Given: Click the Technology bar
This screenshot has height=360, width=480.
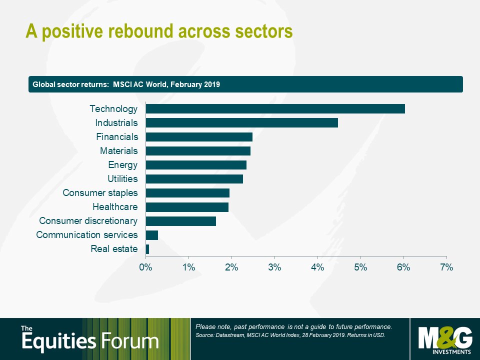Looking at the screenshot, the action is coord(275,108).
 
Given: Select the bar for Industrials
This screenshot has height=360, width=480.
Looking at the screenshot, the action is coord(242,123).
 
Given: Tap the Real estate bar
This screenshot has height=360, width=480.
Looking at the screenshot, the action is coord(147,249).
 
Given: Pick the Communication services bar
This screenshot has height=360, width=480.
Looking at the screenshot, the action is coord(152,235).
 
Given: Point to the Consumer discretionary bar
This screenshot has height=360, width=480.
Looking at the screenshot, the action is coord(181,221).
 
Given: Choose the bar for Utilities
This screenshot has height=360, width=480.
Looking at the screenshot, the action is coord(194,179).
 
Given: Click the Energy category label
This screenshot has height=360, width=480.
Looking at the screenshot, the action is coord(123,165).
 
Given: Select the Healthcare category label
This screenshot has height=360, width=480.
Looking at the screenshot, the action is coord(115,207).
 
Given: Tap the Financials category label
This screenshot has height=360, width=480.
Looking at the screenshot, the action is coord(117,137).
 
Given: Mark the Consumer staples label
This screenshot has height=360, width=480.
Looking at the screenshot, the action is coord(100,193).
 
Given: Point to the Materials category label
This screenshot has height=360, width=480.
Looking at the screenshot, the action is coord(119,151).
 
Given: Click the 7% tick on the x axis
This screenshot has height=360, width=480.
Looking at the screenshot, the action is coord(446,267).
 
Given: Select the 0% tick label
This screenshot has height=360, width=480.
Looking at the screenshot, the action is coord(145,267).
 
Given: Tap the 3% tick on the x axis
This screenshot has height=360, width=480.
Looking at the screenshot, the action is coord(274,267).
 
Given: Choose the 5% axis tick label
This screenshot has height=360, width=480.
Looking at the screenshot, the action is coord(360,267).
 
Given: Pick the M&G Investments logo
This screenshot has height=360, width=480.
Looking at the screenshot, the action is coord(445,340).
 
